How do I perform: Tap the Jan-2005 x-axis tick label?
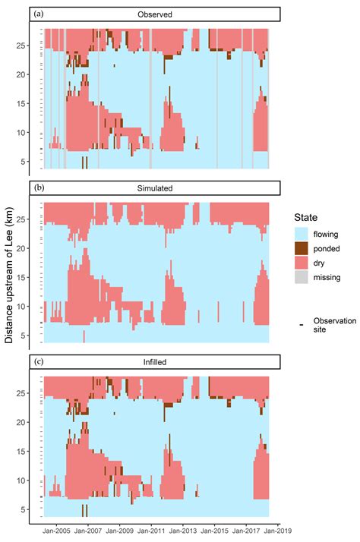(57, 533)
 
